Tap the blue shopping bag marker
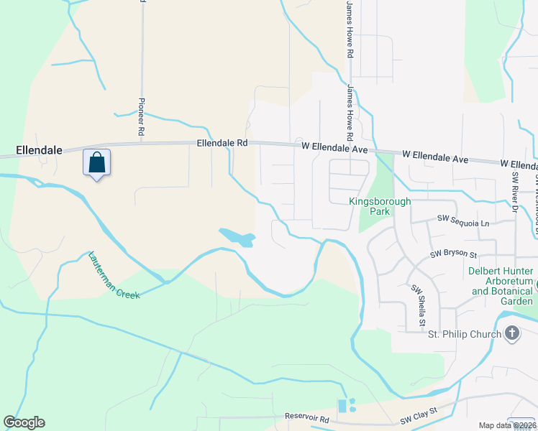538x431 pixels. (x=96, y=163)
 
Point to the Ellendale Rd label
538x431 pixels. (x=222, y=144)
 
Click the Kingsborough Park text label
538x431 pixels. (x=379, y=206)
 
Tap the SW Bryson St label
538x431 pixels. (x=453, y=254)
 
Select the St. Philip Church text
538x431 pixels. (x=463, y=334)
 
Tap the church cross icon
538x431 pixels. (x=511, y=333)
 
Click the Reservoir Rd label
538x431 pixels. (x=306, y=418)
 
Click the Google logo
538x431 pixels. (x=24, y=422)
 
